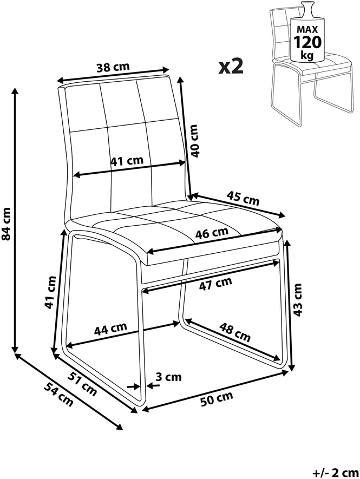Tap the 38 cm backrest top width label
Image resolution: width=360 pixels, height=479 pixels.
113,67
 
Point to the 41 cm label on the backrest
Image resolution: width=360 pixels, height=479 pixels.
127,161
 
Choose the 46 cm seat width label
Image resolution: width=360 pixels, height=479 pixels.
212,233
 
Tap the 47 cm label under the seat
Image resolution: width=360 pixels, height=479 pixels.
215,283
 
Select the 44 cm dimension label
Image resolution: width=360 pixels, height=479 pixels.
110,329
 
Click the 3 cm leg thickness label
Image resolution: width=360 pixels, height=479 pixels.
168,377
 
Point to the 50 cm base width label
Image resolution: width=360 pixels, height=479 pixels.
217,398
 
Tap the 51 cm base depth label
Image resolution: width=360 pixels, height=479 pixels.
82,384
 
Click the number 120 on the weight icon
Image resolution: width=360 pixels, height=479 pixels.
307,42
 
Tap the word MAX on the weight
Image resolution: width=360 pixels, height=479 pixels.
307,30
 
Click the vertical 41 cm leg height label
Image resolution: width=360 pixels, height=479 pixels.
50,292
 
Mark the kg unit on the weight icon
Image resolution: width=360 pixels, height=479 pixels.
307,55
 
